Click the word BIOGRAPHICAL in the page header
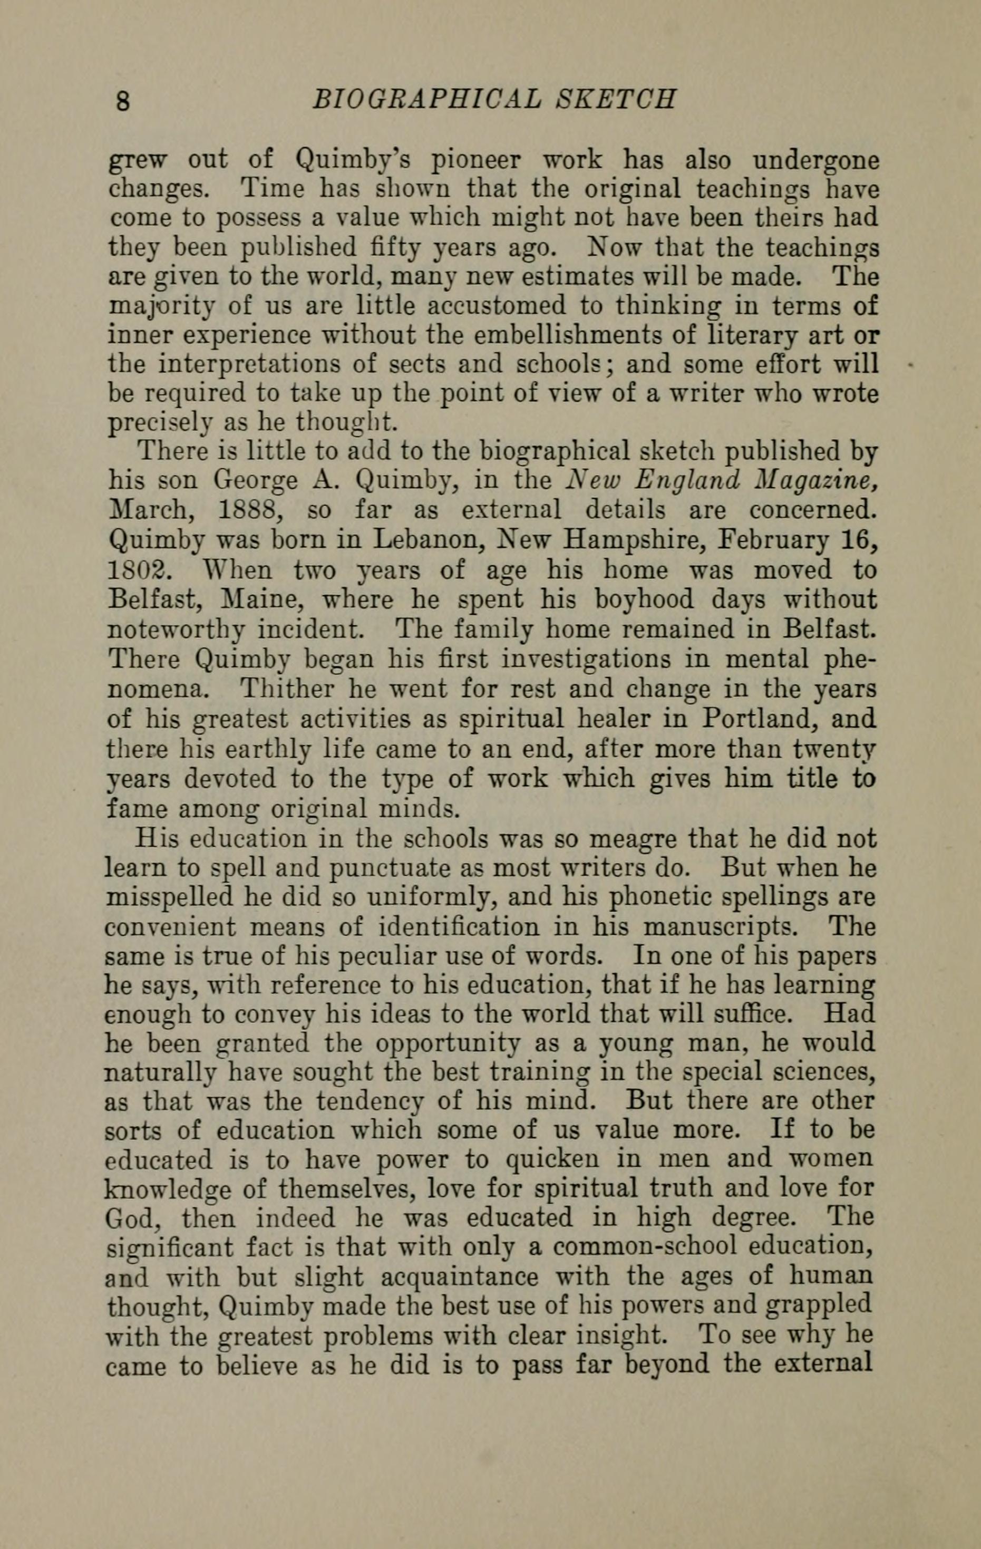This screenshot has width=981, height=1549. [424, 100]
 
